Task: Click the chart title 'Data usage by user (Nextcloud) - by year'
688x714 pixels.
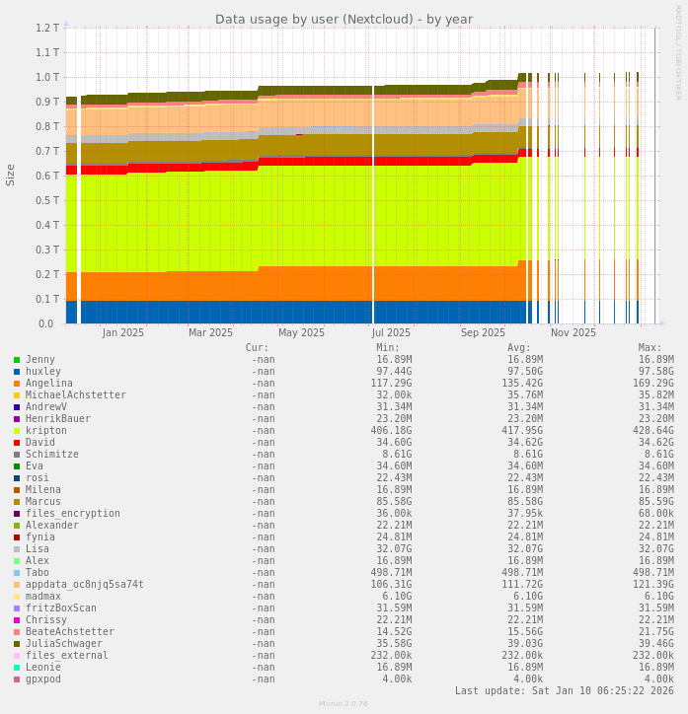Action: click(344, 19)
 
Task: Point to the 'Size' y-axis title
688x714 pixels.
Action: click(11, 175)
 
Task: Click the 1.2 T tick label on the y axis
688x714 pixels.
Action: click(47, 28)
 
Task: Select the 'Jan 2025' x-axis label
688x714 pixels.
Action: click(123, 332)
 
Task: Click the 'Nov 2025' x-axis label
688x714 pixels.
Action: click(573, 332)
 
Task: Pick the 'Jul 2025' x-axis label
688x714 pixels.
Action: click(392, 332)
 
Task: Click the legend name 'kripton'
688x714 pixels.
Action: click(46, 431)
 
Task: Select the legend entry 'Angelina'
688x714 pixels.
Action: click(49, 384)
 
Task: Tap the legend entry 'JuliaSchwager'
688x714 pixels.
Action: click(64, 644)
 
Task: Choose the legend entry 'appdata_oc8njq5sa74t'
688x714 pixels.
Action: click(85, 585)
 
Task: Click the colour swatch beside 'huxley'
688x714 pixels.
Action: click(17, 372)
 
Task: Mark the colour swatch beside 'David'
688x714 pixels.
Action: click(17, 443)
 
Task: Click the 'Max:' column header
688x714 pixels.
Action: click(650, 347)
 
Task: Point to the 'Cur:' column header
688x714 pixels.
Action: click(257, 347)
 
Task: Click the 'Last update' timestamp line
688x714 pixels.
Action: click(565, 690)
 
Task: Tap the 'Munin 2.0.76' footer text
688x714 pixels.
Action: click(344, 704)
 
